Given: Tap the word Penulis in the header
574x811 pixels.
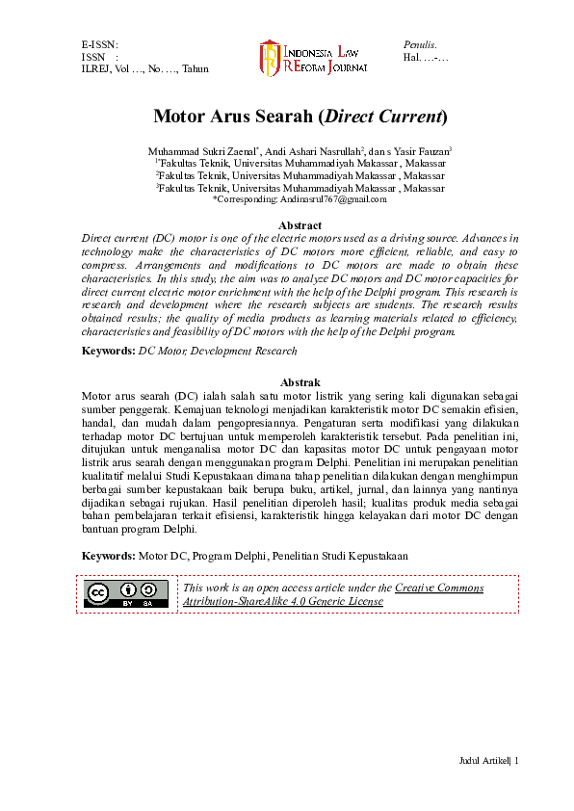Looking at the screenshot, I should pyautogui.click(x=420, y=44).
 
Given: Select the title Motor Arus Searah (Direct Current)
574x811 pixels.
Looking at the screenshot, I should pyautogui.click(x=300, y=118).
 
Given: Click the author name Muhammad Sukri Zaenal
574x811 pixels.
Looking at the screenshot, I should pyautogui.click(x=199, y=151).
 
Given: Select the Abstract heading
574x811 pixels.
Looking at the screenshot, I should pyautogui.click(x=300, y=225).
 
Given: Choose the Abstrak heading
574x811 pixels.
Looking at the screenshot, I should pyautogui.click(x=300, y=383).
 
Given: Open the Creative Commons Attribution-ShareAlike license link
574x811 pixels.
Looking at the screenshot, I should pyautogui.click(x=332, y=594).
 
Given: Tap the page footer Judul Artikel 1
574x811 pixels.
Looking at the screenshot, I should pyautogui.click(x=488, y=762).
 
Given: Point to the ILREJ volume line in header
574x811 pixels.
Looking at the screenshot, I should pyautogui.click(x=144, y=69).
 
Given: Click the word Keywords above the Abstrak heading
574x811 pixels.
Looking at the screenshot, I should pyautogui.click(x=108, y=352).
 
